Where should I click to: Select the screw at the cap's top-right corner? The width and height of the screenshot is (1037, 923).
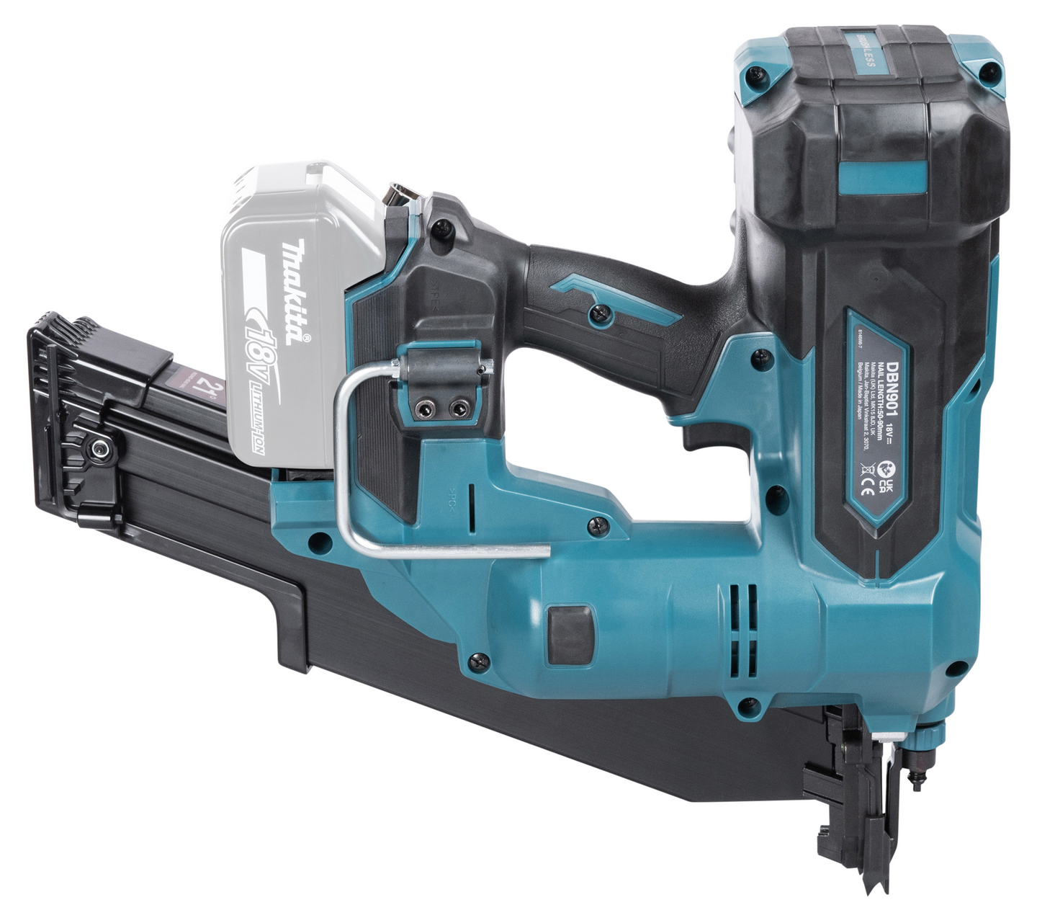click(x=991, y=70)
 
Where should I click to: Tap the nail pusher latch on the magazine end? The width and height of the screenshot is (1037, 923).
click(x=94, y=450)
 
